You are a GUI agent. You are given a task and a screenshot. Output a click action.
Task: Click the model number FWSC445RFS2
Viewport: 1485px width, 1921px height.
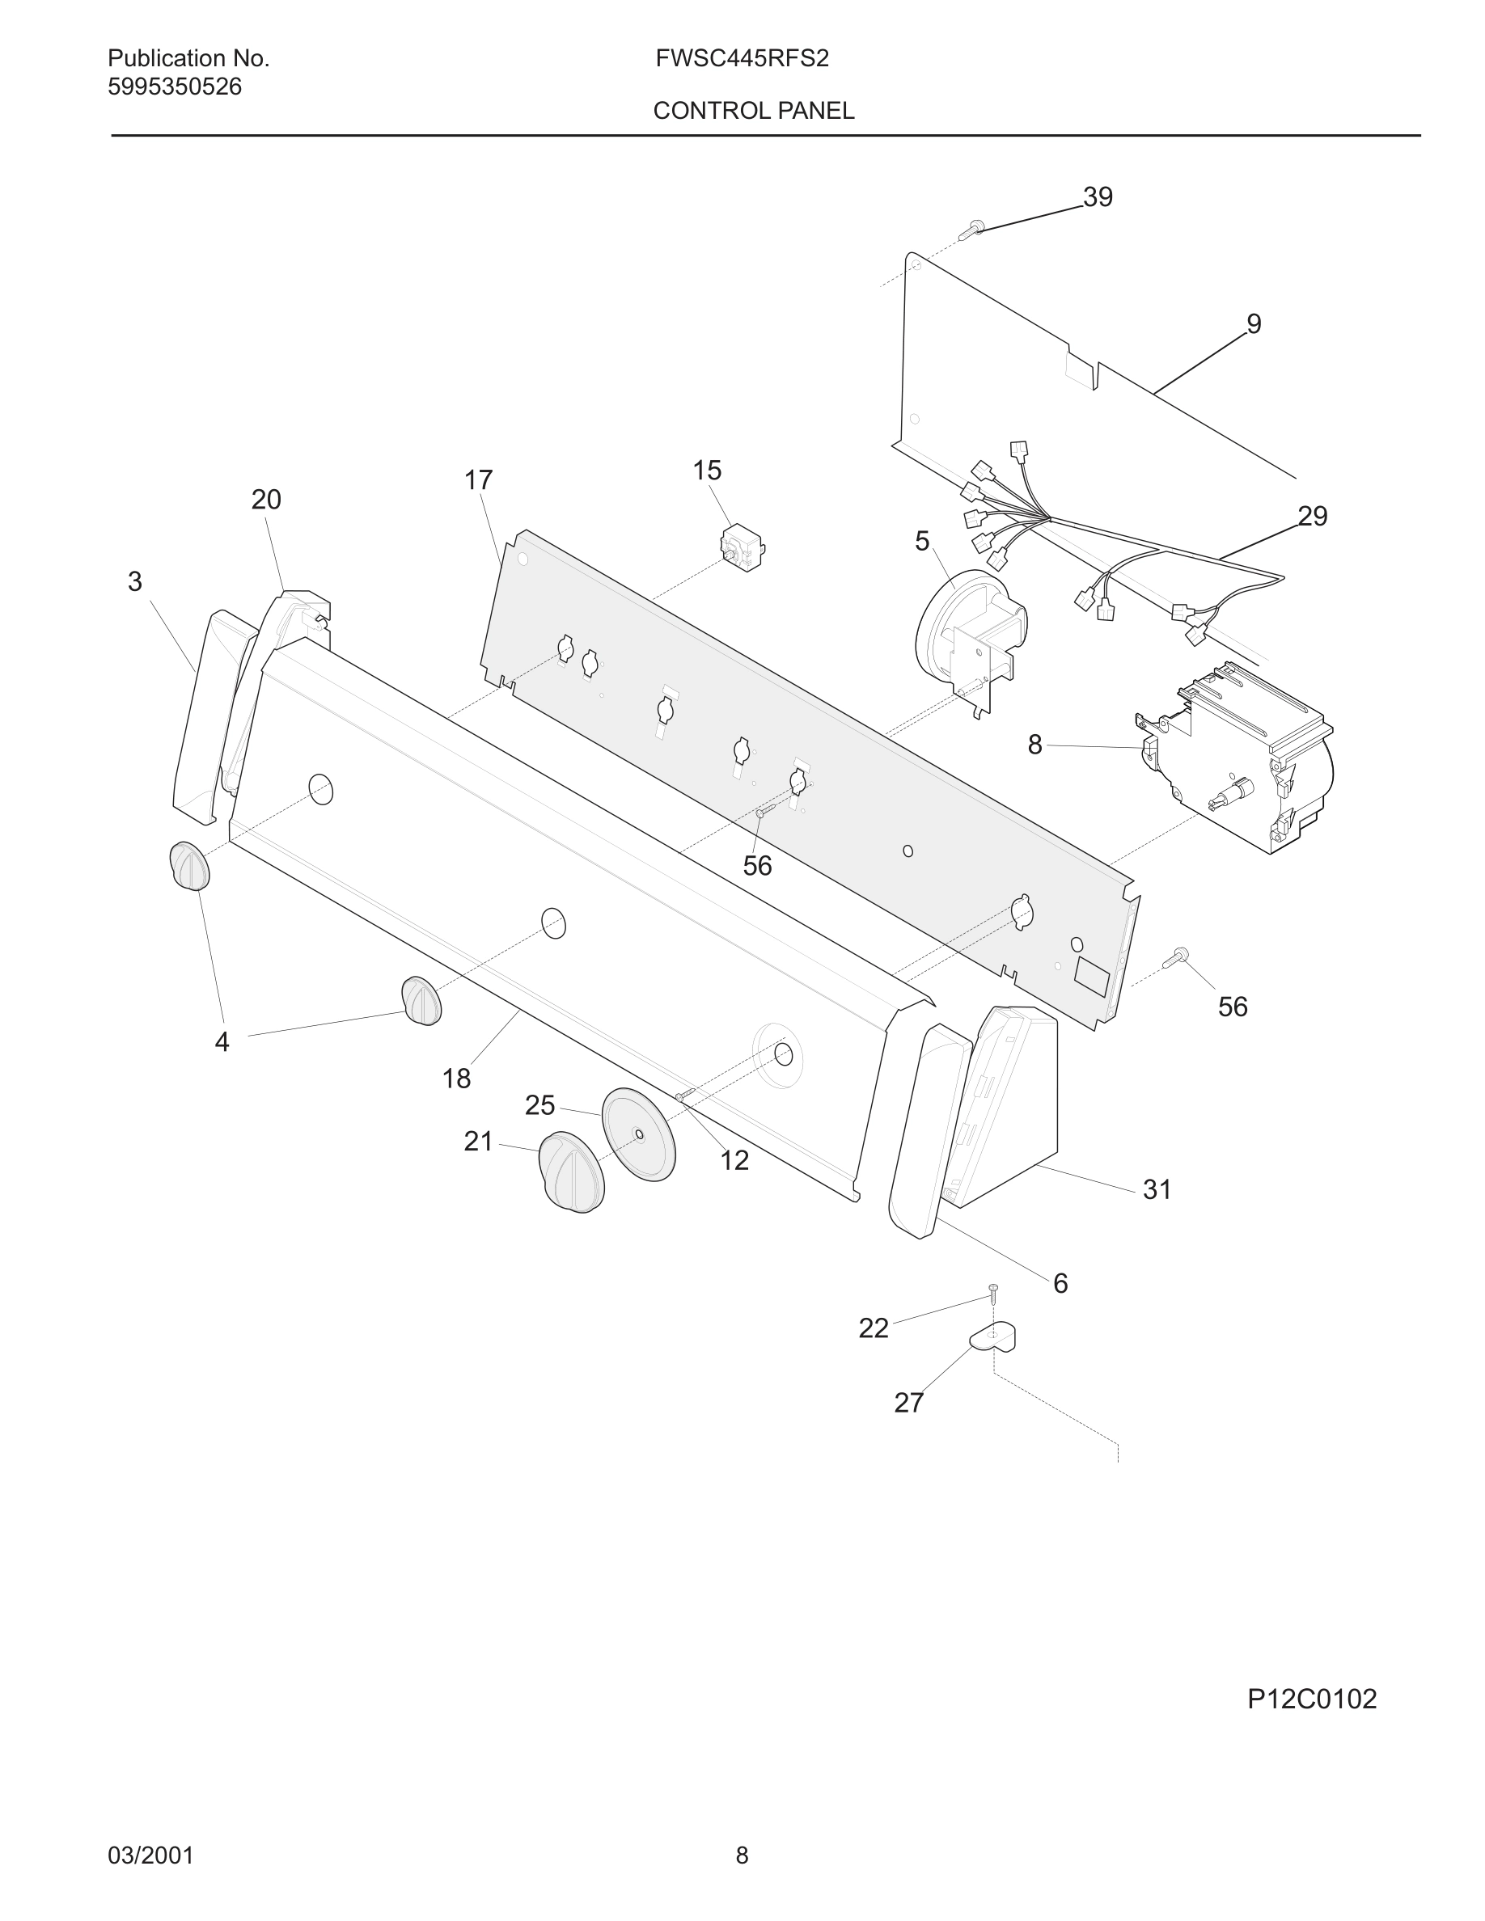coord(742,59)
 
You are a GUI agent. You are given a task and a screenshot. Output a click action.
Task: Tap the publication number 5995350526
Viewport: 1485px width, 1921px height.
coord(174,87)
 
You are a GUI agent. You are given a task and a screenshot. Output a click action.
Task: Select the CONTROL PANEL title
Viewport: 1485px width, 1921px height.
coord(753,111)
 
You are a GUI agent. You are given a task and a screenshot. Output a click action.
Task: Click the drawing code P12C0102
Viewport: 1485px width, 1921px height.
coord(1312,1699)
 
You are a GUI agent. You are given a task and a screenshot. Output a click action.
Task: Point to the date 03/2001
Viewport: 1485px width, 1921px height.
coord(150,1855)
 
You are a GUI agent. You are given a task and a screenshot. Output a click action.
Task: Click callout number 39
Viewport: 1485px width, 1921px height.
coord(1098,197)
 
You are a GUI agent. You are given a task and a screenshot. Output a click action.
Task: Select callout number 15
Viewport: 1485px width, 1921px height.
coord(706,471)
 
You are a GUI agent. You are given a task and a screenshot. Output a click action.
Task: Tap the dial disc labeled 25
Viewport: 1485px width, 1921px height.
coord(639,1134)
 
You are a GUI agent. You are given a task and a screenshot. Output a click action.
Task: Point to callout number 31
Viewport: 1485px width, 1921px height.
coord(1157,1190)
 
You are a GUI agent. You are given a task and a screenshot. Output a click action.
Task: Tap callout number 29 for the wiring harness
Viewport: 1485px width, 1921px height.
coord(1312,517)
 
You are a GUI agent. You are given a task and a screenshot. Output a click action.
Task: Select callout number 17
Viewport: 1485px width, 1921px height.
coord(478,480)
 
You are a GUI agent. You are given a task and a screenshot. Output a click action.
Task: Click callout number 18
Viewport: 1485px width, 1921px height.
coord(455,1079)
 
